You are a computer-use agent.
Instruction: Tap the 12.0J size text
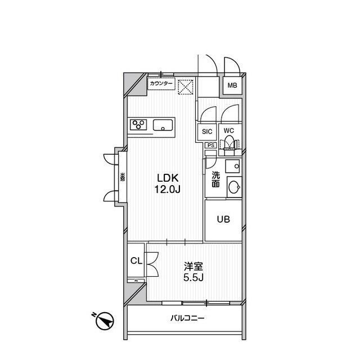(x=167, y=189)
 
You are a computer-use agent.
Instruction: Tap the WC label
(x=228, y=130)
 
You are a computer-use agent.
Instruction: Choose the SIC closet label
(x=207, y=131)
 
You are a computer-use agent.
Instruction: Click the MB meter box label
(x=231, y=85)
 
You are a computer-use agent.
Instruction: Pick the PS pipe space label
(x=210, y=145)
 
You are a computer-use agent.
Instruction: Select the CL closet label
(x=136, y=261)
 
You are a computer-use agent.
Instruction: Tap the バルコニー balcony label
(x=187, y=319)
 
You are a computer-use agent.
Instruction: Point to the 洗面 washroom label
(x=215, y=179)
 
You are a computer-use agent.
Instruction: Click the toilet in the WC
(x=229, y=146)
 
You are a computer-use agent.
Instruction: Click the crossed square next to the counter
(x=186, y=87)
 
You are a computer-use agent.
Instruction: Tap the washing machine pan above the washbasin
(x=232, y=166)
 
